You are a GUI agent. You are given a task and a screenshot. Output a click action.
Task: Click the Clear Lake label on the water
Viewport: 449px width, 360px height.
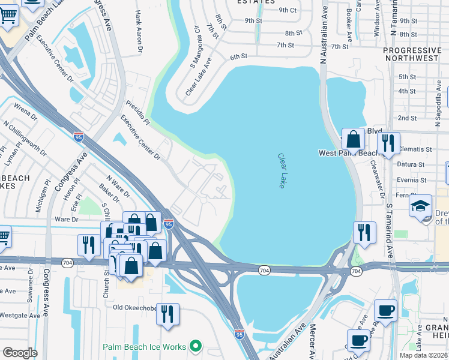point(281,171)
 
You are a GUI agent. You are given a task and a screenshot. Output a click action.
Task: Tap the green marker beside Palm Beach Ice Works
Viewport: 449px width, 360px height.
point(195,346)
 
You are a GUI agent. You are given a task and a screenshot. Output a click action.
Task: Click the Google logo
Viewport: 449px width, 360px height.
point(20,353)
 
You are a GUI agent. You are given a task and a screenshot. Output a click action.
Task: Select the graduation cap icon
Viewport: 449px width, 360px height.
point(421,206)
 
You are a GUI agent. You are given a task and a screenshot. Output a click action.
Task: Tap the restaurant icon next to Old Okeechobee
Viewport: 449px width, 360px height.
point(168,313)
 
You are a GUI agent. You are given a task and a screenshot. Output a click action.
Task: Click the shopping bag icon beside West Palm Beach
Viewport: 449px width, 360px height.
point(353,139)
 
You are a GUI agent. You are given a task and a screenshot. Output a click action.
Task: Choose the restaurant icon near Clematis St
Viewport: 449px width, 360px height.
point(388,143)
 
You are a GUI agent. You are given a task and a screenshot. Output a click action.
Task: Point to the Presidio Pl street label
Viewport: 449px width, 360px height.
point(137,113)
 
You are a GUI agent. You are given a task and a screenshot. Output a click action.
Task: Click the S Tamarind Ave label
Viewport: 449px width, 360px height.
point(389,230)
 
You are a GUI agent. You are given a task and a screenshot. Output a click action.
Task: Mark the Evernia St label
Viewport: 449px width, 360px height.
point(411,180)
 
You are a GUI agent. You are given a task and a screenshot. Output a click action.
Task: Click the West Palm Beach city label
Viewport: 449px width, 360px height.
point(351,153)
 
